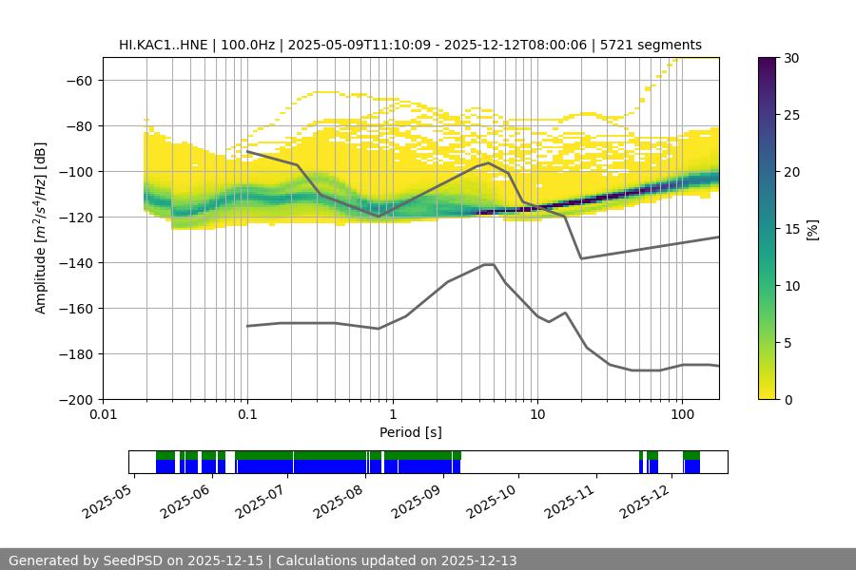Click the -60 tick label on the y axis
(81, 80)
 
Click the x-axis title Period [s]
(410, 432)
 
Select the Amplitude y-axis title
(41, 228)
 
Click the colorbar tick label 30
(791, 58)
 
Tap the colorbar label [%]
(812, 228)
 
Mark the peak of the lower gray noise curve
(489, 264)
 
